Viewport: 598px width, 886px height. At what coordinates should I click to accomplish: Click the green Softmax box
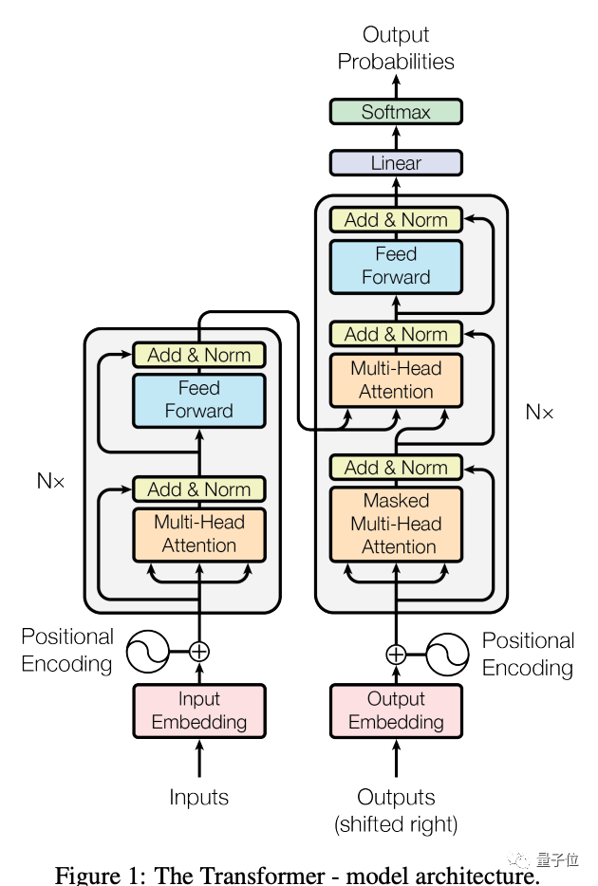(396, 112)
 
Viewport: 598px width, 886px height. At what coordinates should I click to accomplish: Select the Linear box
(396, 163)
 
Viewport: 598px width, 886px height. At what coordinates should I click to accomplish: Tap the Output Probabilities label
(396, 48)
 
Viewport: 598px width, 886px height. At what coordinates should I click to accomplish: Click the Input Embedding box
(199, 711)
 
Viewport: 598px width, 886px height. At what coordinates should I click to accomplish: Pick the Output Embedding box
(396, 711)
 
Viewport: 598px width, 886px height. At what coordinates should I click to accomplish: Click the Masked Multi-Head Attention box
(396, 524)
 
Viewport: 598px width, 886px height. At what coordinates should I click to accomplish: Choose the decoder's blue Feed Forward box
(396, 266)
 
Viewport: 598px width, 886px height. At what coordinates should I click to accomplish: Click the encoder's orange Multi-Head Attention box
(199, 534)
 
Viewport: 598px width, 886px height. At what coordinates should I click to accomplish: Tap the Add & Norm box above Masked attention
(396, 468)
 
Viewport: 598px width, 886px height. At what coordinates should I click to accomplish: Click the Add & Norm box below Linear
(396, 220)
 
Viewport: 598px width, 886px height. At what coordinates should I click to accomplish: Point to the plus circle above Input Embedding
(199, 652)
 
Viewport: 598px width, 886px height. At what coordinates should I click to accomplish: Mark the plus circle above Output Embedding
(396, 655)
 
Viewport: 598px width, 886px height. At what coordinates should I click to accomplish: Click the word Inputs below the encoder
(199, 798)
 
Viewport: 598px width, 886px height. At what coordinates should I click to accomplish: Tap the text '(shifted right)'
(396, 824)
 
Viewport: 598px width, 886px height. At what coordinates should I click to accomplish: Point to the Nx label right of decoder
(539, 413)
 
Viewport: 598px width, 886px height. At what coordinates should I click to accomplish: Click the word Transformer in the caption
(253, 875)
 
